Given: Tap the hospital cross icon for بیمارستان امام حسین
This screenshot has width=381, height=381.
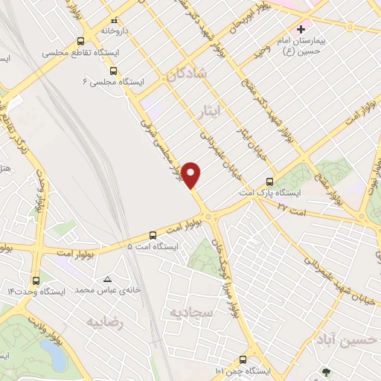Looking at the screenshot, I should (301, 29).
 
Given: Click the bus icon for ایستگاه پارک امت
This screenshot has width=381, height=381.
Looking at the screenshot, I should (269, 182).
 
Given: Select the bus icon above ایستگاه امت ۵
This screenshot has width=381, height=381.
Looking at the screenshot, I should (153, 234).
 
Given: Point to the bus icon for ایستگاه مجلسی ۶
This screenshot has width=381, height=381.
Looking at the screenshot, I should (112, 71).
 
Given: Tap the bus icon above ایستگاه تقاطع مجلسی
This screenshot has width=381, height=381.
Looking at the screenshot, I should (81, 42).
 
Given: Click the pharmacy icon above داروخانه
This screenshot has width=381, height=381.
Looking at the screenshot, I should (113, 21).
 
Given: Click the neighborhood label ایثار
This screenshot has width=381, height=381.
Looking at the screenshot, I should (212, 112).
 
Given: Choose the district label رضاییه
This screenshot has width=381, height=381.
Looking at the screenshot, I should (103, 323).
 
